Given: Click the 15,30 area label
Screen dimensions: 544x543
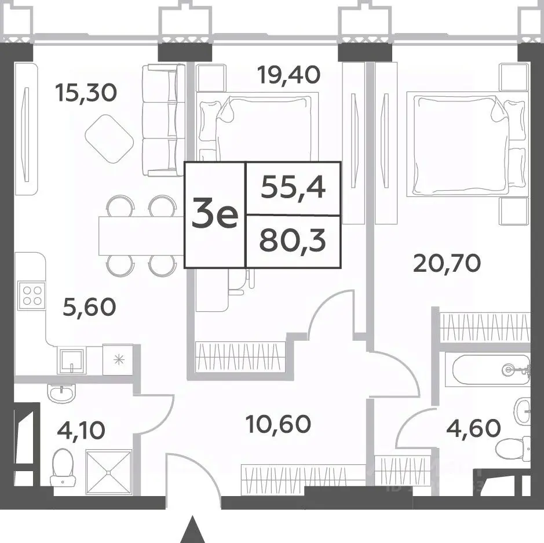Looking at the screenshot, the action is pyautogui.click(x=86, y=93).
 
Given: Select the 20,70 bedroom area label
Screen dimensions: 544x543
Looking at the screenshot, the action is pyautogui.click(x=447, y=263).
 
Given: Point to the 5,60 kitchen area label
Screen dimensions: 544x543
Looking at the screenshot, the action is pyautogui.click(x=89, y=307).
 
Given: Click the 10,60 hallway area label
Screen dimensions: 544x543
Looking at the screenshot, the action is pyautogui.click(x=278, y=424).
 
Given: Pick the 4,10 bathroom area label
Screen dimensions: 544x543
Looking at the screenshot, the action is pyautogui.click(x=81, y=430).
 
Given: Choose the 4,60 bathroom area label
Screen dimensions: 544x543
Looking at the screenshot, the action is pyautogui.click(x=473, y=428).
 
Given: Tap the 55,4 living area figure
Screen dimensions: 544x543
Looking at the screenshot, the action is pyautogui.click(x=293, y=188).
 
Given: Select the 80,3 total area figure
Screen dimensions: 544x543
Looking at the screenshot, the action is pyautogui.click(x=293, y=240).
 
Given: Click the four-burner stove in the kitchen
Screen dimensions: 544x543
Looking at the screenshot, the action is pyautogui.click(x=31, y=294).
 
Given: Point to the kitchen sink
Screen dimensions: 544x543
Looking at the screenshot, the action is pyautogui.click(x=72, y=361).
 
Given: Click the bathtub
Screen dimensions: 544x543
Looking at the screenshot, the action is pyautogui.click(x=487, y=370).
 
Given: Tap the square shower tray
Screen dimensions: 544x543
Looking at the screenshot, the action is pyautogui.click(x=109, y=472).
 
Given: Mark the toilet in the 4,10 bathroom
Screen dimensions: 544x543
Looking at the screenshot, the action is pyautogui.click(x=63, y=467).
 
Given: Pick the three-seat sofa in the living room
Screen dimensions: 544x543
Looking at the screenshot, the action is pyautogui.click(x=163, y=120).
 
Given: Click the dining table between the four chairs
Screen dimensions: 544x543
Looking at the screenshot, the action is pyautogui.click(x=141, y=236).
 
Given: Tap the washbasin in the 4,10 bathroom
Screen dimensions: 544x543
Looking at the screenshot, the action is pyautogui.click(x=61, y=394).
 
